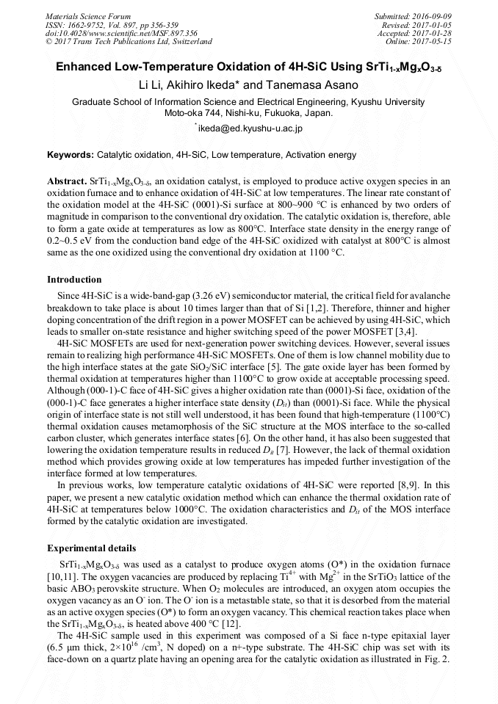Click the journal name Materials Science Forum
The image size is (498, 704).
pyautogui.click(x=88, y=15)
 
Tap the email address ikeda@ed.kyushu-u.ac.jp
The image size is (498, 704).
pyautogui.click(x=250, y=128)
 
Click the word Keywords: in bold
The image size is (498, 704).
pyautogui.click(x=71, y=155)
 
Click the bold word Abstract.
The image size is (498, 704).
pyautogui.click(x=67, y=181)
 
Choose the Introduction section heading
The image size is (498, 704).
pyautogui.click(x=74, y=280)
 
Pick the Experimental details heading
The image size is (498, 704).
pyautogui.click(x=91, y=548)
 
